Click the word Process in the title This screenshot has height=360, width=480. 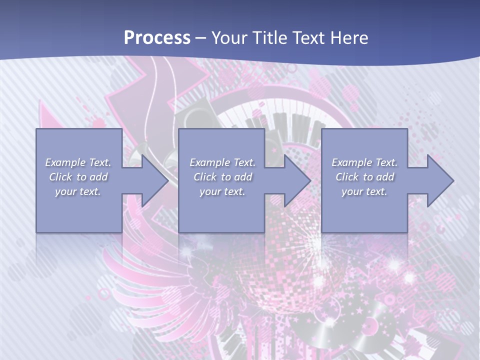pyautogui.click(x=157, y=37)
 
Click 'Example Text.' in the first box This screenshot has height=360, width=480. pyautogui.click(x=78, y=162)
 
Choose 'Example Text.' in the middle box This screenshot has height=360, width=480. pyautogui.click(x=222, y=162)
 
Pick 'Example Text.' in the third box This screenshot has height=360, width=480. pyautogui.click(x=364, y=162)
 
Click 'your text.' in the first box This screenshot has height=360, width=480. pyautogui.click(x=78, y=191)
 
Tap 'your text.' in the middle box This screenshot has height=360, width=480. pyautogui.click(x=222, y=191)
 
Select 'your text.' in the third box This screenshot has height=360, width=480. pyautogui.click(x=364, y=191)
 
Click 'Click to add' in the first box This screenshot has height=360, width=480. pyautogui.click(x=78, y=177)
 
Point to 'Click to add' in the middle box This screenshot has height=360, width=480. pyautogui.click(x=222, y=177)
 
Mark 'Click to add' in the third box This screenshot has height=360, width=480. pyautogui.click(x=364, y=177)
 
